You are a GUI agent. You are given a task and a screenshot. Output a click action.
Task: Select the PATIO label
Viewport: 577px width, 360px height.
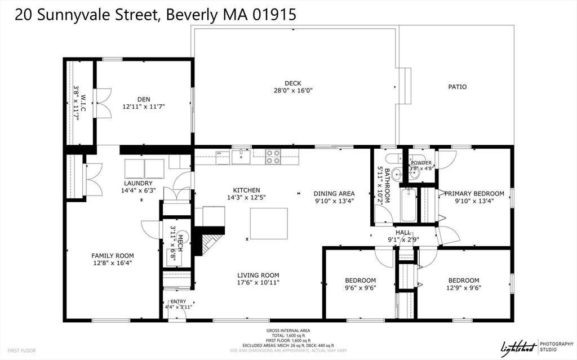coord(457,87)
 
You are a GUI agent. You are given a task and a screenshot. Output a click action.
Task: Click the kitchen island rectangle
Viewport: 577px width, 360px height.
coord(268,223)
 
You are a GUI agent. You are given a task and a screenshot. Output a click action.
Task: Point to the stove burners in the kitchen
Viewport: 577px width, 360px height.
coord(273,156)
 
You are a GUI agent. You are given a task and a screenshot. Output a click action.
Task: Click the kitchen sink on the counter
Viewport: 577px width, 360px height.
coord(241,155)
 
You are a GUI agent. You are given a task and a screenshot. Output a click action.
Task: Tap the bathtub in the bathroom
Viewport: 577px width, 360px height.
coord(409,205)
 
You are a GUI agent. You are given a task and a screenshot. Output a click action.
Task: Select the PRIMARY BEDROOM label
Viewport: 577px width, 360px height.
coord(474,194)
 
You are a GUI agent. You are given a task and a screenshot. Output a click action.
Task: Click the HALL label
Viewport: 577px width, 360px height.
coord(403,232)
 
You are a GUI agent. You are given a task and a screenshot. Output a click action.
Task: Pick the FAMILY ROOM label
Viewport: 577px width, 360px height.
coord(113,256)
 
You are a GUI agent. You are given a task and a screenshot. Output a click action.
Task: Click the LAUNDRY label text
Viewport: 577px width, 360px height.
coord(138,183)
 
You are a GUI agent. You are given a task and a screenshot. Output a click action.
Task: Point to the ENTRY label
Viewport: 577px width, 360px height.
coord(178,302)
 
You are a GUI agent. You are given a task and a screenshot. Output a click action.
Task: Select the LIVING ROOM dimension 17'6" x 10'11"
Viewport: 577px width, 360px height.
coord(258,283)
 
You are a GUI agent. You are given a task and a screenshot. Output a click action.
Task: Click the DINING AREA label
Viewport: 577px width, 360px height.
coord(334,193)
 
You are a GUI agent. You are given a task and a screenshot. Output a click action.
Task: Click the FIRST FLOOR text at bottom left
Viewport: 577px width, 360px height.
coord(21,350)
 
